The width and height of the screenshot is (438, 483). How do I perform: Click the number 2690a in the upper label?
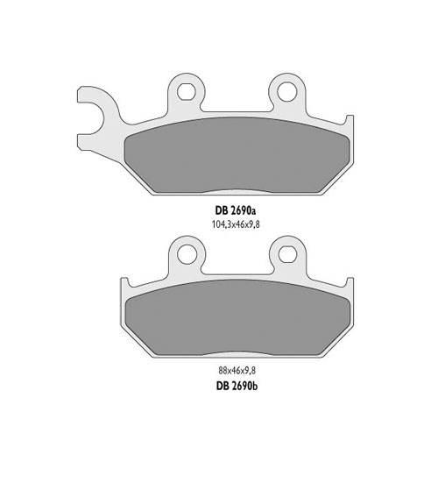[242, 211]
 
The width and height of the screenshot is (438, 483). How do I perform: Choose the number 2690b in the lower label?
[242, 384]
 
